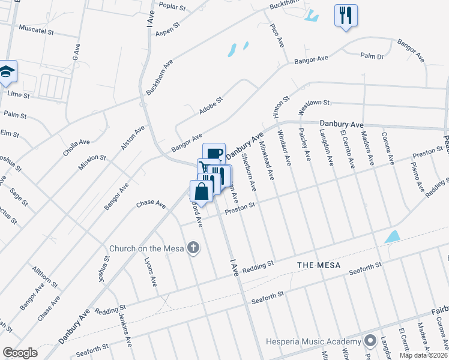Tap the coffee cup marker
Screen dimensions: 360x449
click(x=214, y=154)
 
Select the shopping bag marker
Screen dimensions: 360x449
click(x=202, y=192)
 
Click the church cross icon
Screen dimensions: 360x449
click(x=193, y=247)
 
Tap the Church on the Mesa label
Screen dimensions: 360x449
click(x=148, y=248)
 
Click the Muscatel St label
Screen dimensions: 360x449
click(x=37, y=28)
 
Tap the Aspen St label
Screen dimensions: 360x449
click(x=168, y=30)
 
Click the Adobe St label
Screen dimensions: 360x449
click(x=211, y=106)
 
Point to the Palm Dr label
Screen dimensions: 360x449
click(x=372, y=56)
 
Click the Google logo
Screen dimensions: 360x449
click(x=19, y=353)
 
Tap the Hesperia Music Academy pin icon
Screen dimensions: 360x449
click(x=370, y=341)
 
